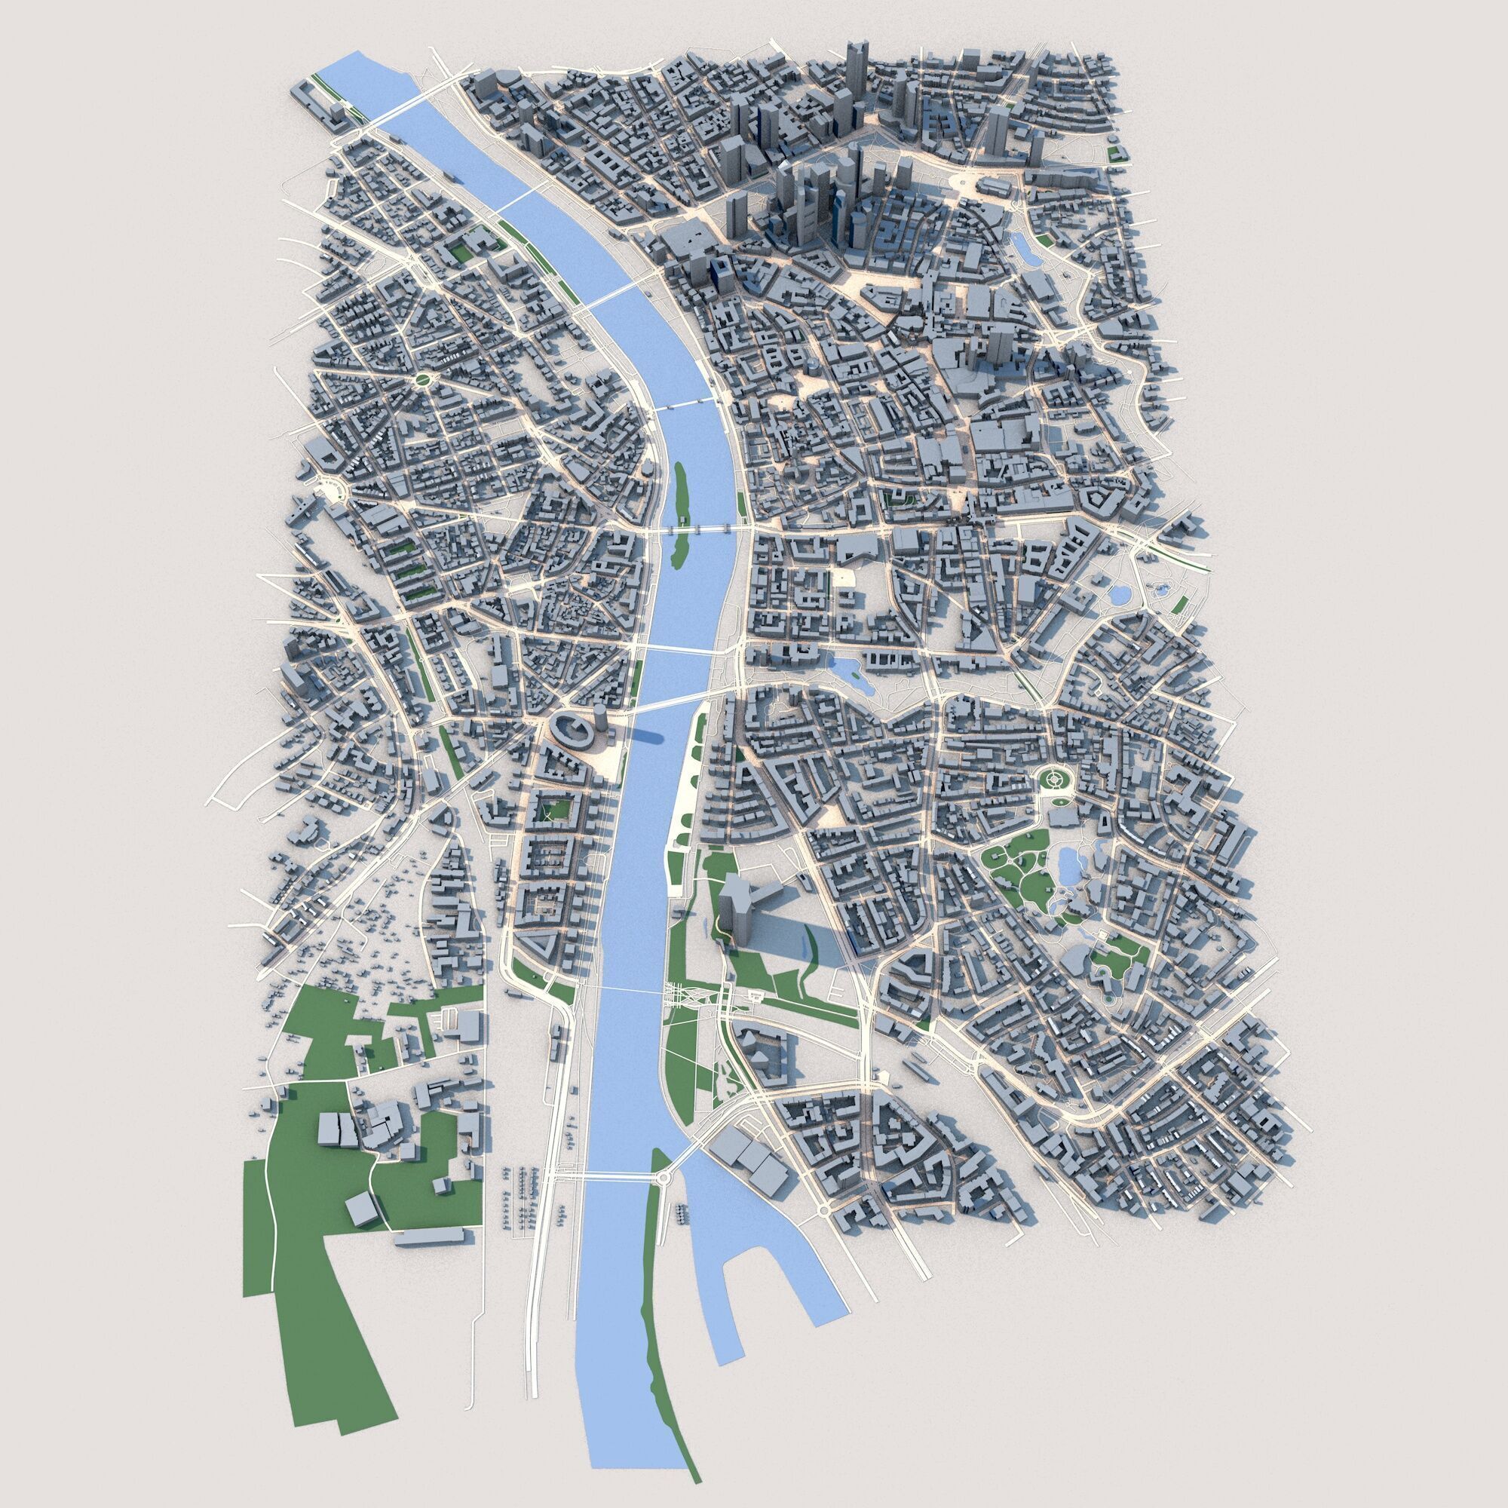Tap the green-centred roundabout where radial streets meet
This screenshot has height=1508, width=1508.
pyautogui.click(x=421, y=380)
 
